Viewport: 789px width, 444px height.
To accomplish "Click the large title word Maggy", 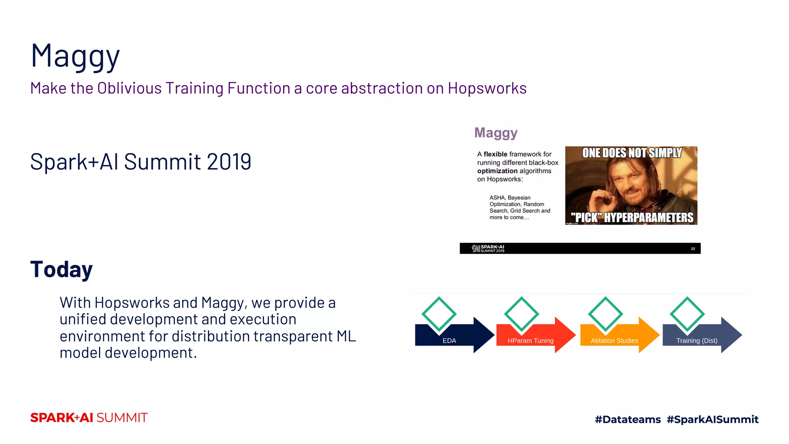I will point(75,56).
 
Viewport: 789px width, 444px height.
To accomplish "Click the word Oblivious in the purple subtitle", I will point(129,88).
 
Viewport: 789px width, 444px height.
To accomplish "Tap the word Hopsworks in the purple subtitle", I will point(487,88).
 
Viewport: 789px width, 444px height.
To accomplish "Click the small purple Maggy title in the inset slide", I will point(496,133).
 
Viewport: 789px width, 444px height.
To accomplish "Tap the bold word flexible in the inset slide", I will point(495,154).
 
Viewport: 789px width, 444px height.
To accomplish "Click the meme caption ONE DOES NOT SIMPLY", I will point(631,153).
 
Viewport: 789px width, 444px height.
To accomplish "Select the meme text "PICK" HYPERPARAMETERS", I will point(632,218).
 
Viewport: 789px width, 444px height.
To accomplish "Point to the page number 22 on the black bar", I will point(693,249).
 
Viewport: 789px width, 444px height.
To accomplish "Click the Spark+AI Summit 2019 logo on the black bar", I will point(488,249).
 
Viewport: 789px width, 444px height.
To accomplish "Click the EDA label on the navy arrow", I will point(449,341).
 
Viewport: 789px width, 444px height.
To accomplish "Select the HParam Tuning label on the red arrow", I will point(530,341).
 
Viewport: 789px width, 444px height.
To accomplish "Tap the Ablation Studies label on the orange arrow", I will point(614,341).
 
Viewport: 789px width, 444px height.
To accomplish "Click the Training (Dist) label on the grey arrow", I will point(697,341).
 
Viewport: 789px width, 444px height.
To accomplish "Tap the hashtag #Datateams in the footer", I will point(628,419).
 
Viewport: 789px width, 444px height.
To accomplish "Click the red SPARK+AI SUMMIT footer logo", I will point(89,418).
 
